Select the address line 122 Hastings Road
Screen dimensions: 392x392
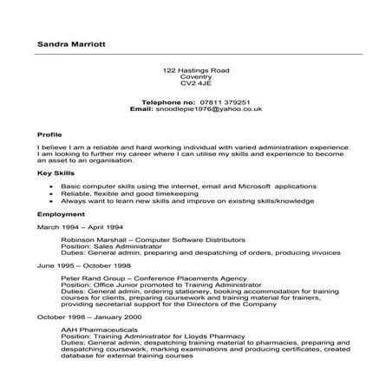[x=195, y=69]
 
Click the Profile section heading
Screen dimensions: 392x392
[x=50, y=135]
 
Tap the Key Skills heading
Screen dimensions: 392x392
[x=55, y=173]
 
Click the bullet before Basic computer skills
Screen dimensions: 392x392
[x=54, y=186]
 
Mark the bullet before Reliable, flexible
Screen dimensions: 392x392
[x=54, y=193]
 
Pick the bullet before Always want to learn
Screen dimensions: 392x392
[x=54, y=200]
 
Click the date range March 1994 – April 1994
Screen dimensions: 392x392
[x=81, y=226]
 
